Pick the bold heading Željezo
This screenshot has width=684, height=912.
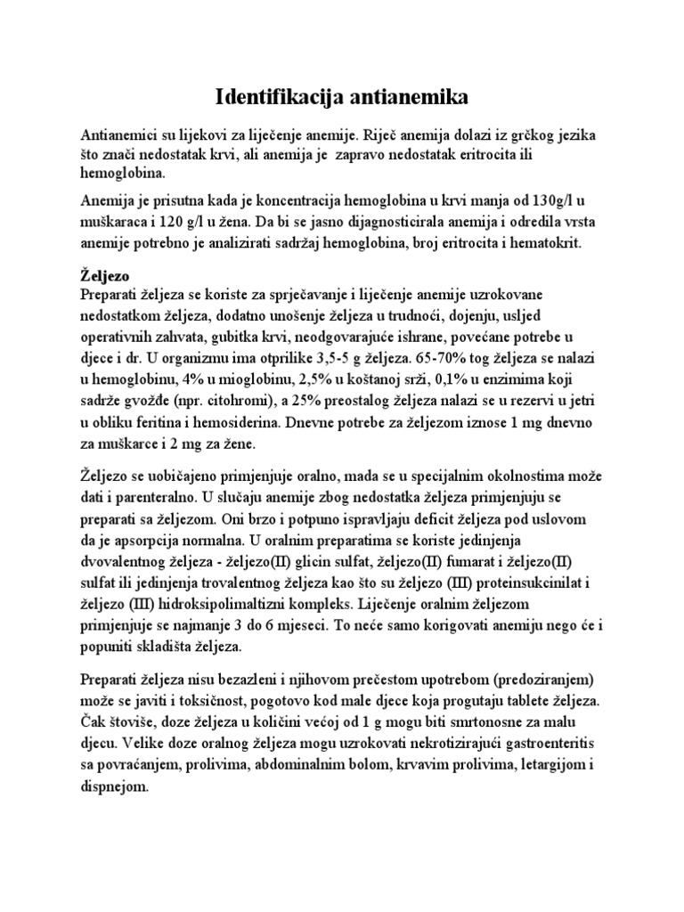[x=105, y=276]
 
